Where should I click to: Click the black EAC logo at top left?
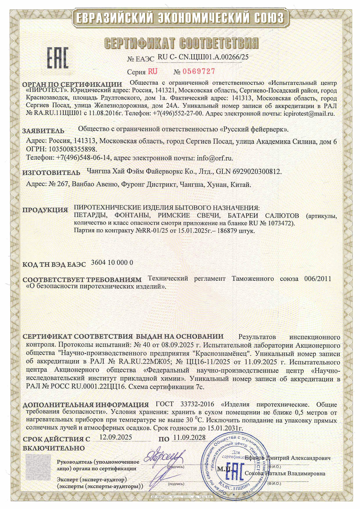click(58, 58)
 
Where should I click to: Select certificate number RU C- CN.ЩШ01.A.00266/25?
click(203, 57)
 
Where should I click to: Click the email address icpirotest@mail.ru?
click(309, 114)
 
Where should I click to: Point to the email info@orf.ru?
click(215, 158)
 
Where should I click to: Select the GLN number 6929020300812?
click(257, 172)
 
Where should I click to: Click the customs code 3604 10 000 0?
click(112, 262)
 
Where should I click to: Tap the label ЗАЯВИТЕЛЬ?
click(44, 131)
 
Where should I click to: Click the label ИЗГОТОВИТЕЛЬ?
click(51, 173)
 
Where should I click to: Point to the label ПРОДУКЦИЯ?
click(45, 210)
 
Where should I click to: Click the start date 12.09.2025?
click(116, 437)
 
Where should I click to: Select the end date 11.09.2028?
click(189, 438)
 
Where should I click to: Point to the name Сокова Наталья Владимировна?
click(285, 474)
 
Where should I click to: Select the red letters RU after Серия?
click(153, 71)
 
